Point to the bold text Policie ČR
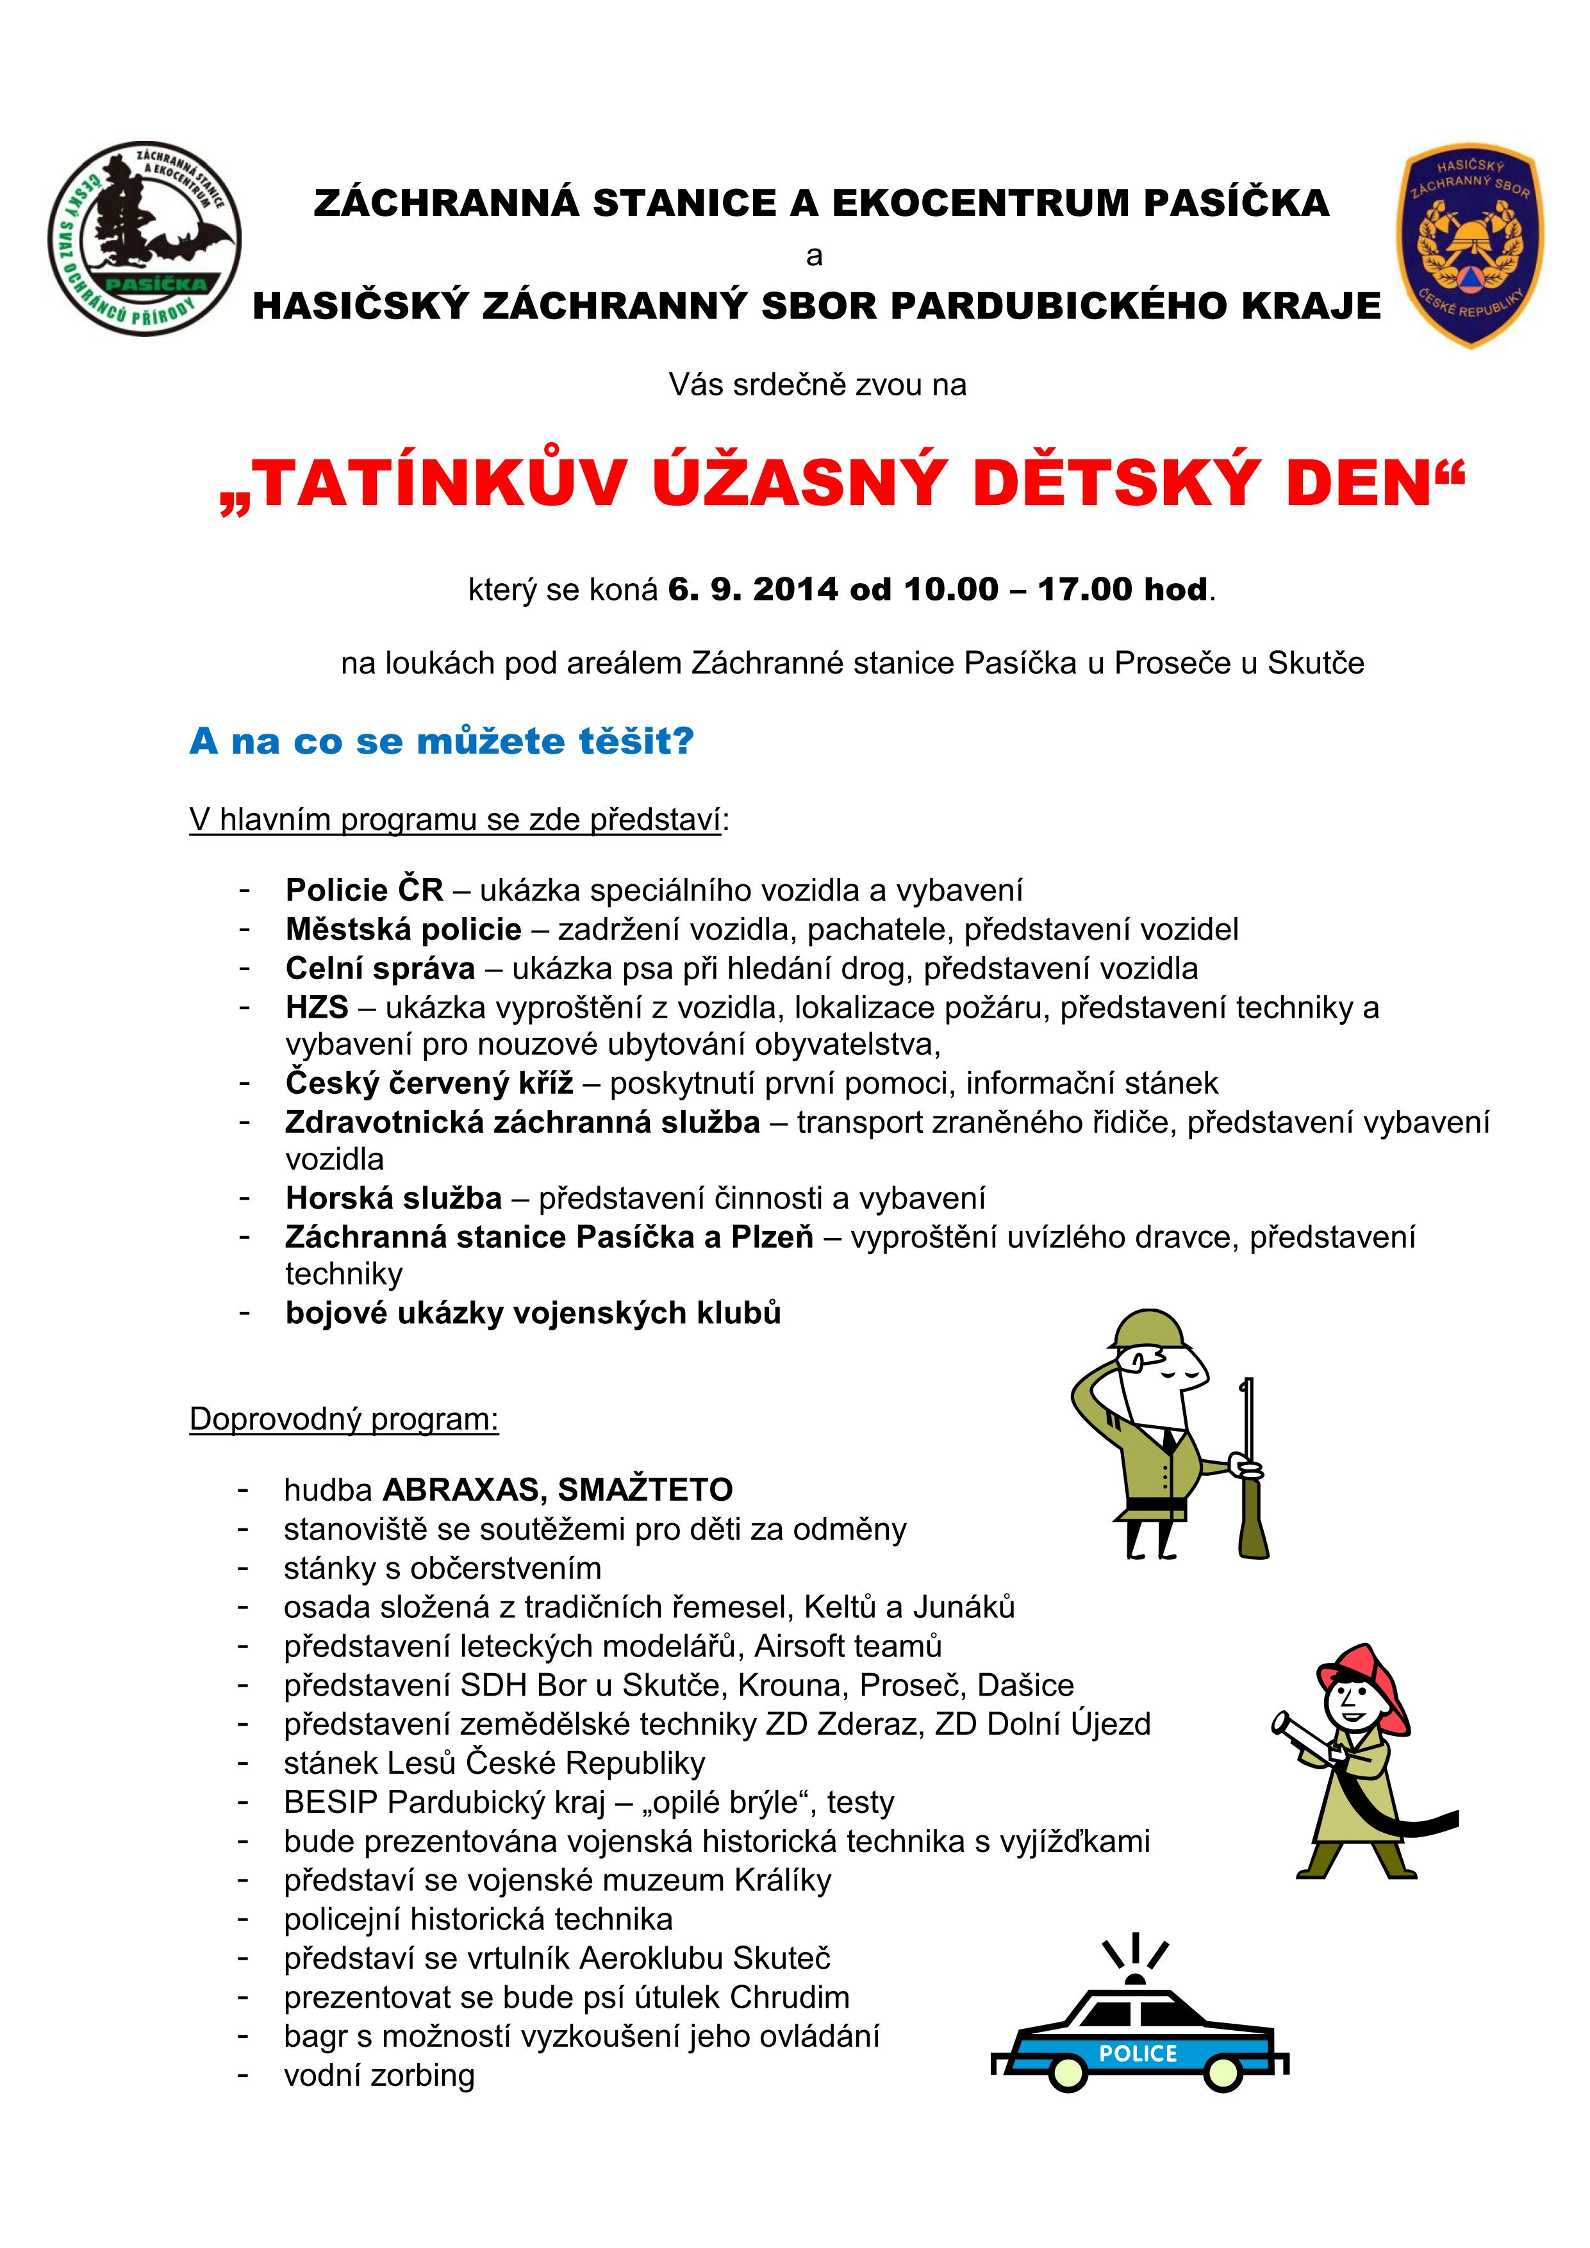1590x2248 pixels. (x=364, y=890)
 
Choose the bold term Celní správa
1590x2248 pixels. (x=380, y=968)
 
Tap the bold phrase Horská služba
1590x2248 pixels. (x=393, y=1198)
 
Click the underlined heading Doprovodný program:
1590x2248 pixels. (x=344, y=1419)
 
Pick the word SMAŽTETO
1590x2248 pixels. (x=645, y=1490)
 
